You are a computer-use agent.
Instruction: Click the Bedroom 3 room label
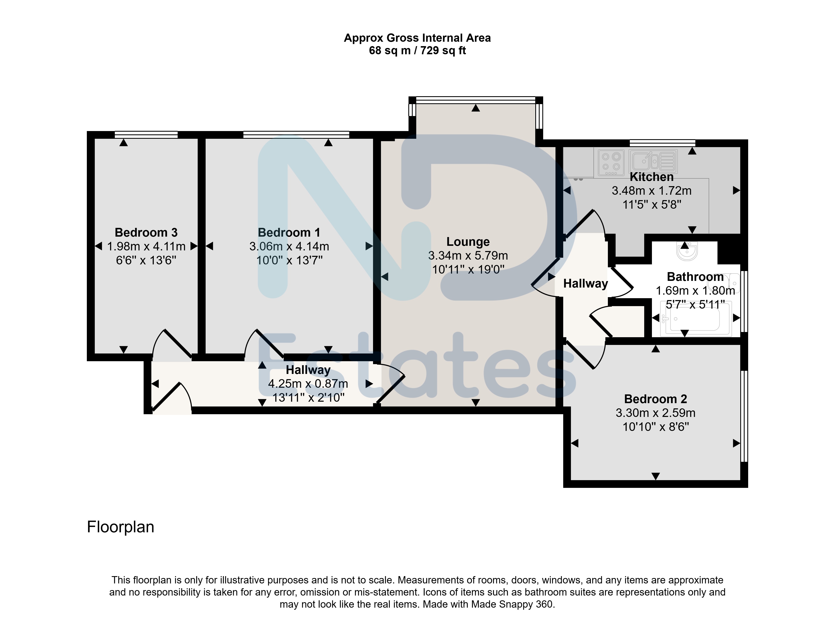[146, 232]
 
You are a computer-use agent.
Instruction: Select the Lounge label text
[468, 241]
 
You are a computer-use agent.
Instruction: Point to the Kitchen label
[652, 177]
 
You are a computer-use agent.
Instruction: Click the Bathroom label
[695, 276]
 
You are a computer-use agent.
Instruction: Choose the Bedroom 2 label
[656, 399]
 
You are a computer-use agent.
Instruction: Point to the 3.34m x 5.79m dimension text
[468, 255]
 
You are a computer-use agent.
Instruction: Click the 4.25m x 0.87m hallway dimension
[308, 384]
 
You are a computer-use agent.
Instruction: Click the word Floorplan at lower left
[120, 527]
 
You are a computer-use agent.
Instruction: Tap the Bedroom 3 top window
[146, 135]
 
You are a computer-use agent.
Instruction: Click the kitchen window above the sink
[663, 143]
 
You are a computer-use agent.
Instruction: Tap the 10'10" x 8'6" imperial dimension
[656, 427]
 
